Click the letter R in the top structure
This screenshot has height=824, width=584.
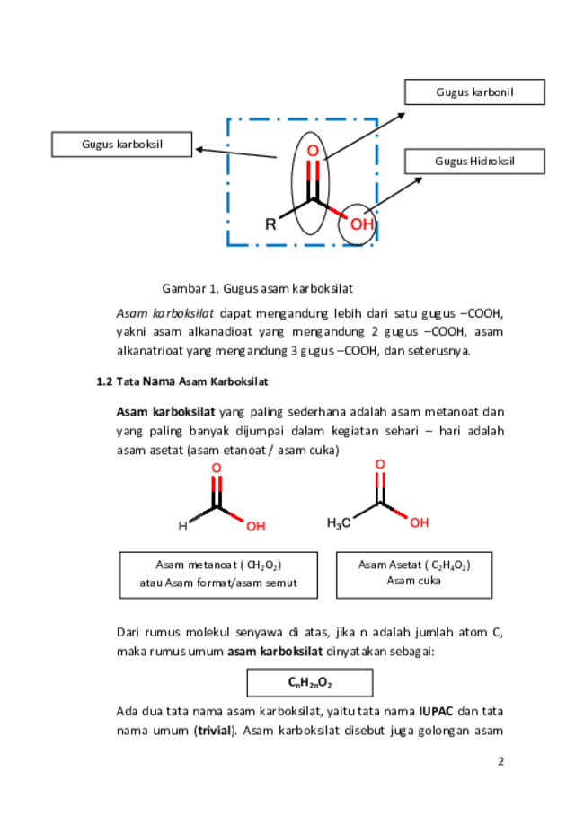pyautogui.click(x=270, y=225)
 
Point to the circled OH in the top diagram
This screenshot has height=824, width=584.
pyautogui.click(x=362, y=224)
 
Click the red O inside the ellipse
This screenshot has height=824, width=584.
pyautogui.click(x=313, y=151)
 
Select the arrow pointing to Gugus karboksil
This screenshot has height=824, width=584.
pyautogui.click(x=236, y=153)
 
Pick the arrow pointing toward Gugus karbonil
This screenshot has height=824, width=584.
pyautogui.click(x=365, y=136)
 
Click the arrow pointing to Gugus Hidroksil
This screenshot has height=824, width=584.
pyautogui.click(x=394, y=195)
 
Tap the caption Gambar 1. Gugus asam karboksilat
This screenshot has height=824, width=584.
pyautogui.click(x=257, y=288)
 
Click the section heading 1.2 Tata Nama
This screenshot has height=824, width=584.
pyautogui.click(x=182, y=381)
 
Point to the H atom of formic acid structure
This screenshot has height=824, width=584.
pyautogui.click(x=182, y=526)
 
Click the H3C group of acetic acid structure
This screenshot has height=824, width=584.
pyautogui.click(x=339, y=523)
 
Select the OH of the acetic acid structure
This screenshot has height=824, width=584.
pyautogui.click(x=420, y=522)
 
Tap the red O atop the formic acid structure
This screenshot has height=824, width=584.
pyautogui.click(x=217, y=469)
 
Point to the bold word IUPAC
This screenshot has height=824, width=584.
pyautogui.click(x=436, y=712)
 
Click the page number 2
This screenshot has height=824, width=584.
pyautogui.click(x=500, y=761)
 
